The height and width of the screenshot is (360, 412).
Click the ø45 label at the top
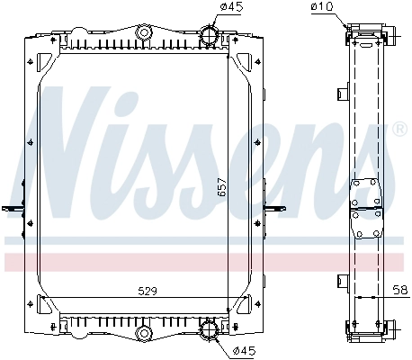click(x=231, y=6)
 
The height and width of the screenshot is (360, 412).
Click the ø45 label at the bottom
click(x=244, y=351)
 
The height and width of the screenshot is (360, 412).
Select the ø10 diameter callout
click(x=322, y=6)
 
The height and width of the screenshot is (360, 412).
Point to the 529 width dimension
click(x=148, y=291)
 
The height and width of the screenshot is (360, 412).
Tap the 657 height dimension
click(x=221, y=187)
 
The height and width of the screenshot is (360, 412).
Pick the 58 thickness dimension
click(x=401, y=290)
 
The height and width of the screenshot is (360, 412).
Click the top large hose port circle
click(x=209, y=34)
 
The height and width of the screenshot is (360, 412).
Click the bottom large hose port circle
click(x=209, y=329)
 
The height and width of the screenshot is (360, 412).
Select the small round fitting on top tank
click(x=144, y=32)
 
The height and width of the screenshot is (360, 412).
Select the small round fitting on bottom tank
click(x=144, y=333)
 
